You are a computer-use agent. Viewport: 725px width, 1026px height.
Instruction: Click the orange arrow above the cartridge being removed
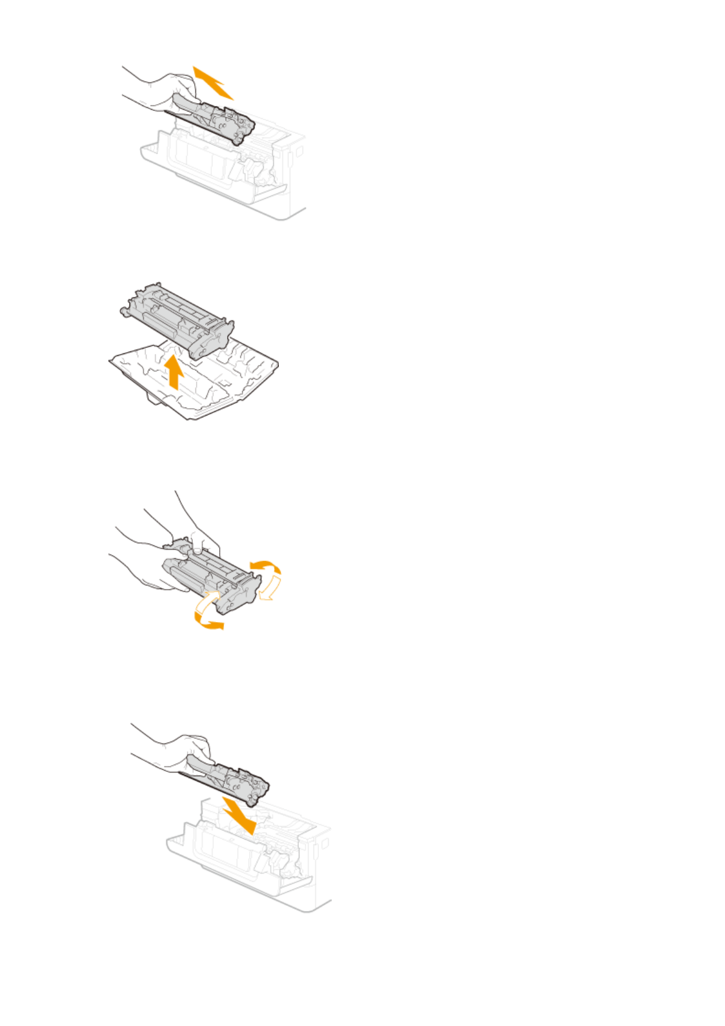tap(212, 82)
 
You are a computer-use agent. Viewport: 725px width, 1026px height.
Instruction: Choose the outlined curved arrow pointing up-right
tap(205, 603)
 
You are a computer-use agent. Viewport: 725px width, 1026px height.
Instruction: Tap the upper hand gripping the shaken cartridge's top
tap(201, 536)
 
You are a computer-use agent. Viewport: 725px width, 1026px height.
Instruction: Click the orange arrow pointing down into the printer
tap(239, 815)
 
